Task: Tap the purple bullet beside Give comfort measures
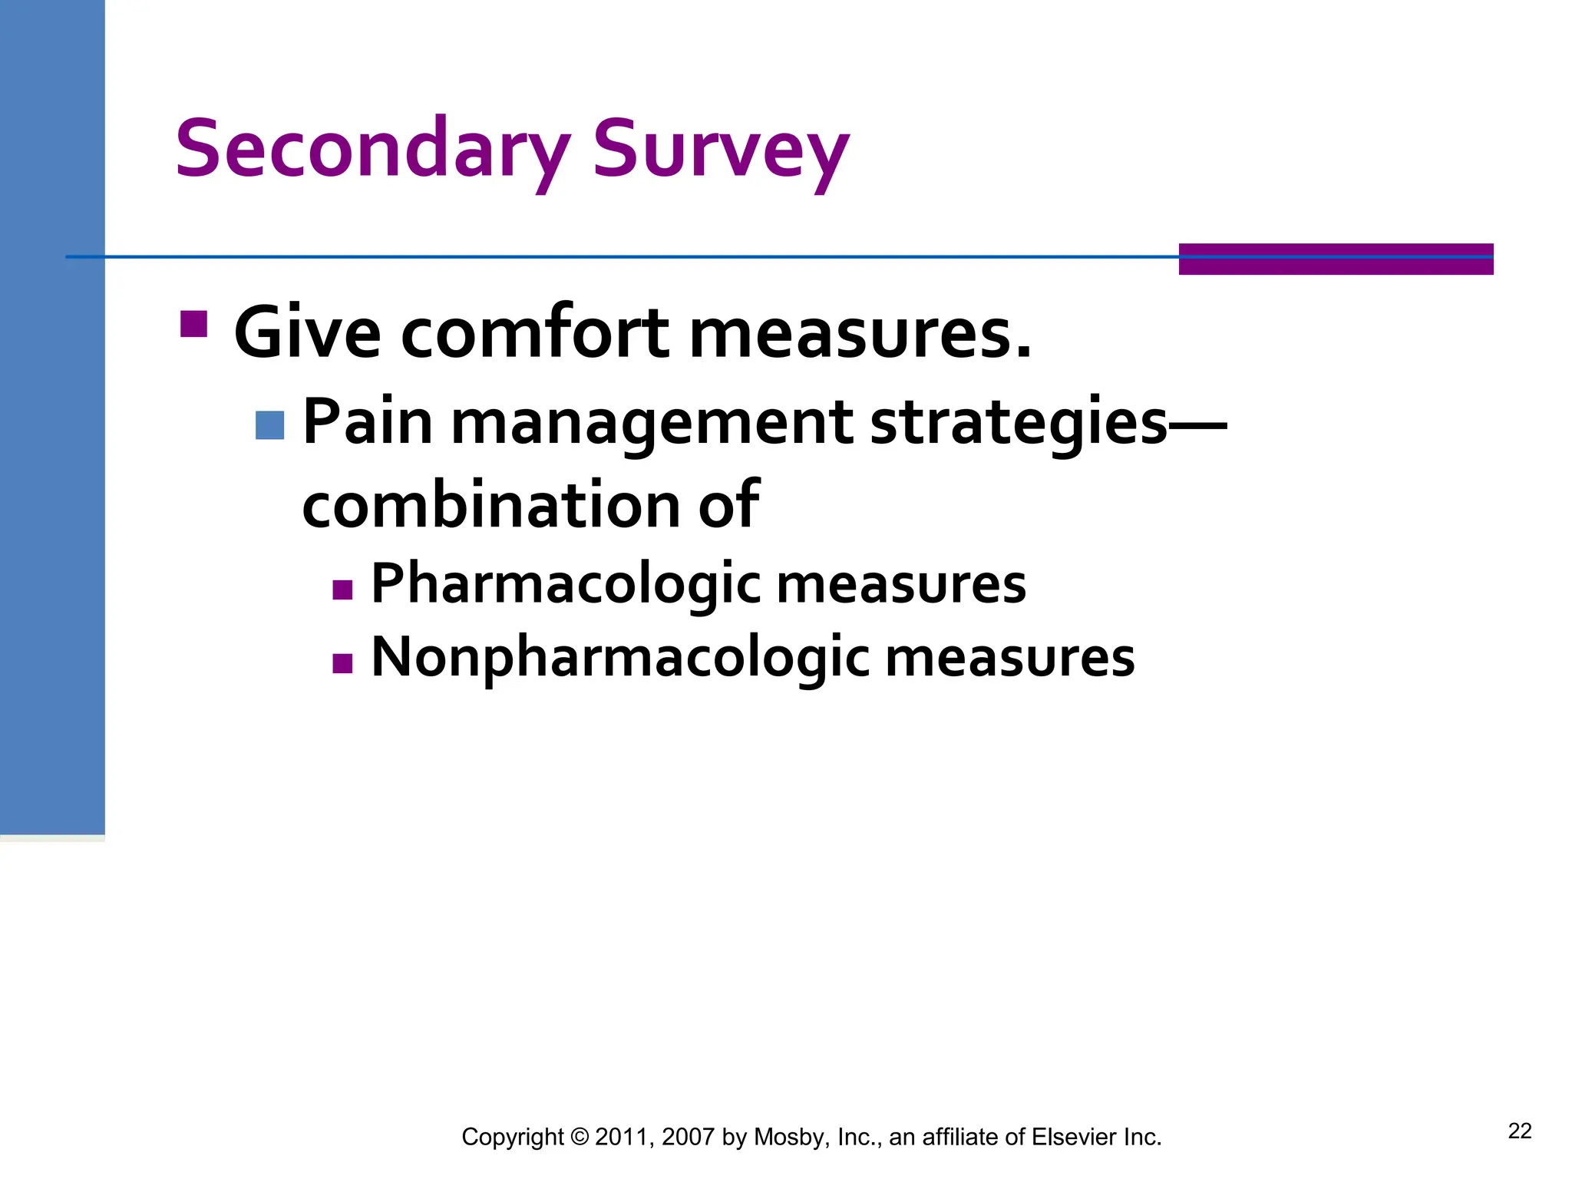pos(193,324)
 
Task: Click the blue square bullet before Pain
pos(269,425)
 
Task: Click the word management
pos(652,424)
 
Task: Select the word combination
pos(491,504)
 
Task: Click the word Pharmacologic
pos(566,584)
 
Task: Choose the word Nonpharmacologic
pos(620,658)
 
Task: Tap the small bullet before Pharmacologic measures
pos(342,589)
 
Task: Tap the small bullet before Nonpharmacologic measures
pos(342,663)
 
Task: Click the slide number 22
pos(1519,1131)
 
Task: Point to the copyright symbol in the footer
pos(580,1137)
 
